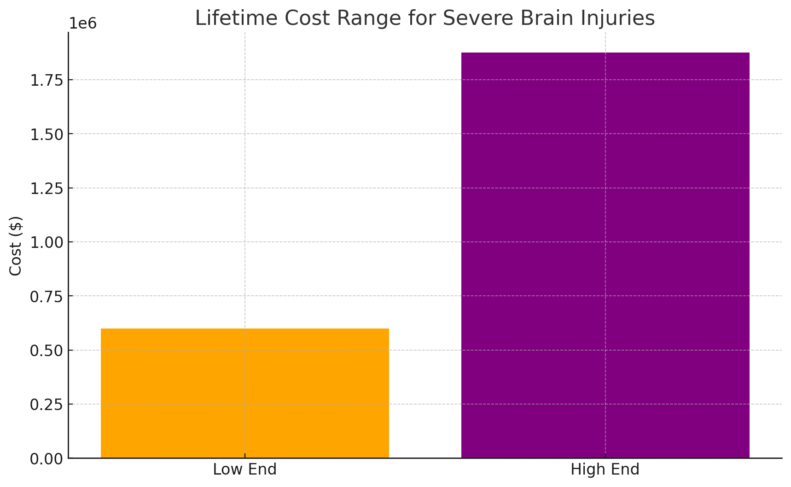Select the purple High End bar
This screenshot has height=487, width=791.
605,255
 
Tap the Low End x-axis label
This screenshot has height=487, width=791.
244,470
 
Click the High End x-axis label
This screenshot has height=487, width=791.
605,470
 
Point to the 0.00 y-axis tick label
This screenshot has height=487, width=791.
47,459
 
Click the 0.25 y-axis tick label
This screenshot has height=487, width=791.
47,405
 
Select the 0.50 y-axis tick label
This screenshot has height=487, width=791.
47,351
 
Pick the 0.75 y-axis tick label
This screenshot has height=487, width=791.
47,297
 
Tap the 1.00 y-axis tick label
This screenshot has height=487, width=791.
47,243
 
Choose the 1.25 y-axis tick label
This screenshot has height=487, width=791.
47,188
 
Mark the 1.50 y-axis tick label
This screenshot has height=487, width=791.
47,135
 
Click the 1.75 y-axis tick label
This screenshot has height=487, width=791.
47,81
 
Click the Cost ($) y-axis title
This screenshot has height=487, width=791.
16,246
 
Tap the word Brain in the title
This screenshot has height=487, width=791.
529,18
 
